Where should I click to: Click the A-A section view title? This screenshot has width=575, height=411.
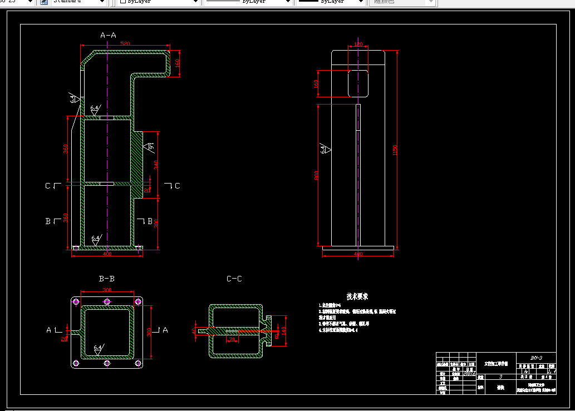coord(108,35)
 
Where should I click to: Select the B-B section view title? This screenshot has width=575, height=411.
coord(106,279)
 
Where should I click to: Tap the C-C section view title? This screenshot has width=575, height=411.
coord(234,279)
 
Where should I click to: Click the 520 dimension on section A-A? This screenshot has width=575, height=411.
coord(125,43)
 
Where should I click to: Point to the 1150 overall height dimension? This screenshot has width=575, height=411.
coord(396,150)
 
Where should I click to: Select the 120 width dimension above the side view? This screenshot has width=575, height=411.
coord(358,44)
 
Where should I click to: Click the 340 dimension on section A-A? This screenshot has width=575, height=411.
coord(156,165)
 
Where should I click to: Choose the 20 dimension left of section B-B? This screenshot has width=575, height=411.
coord(65,338)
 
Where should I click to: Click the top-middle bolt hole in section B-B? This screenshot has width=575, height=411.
coord(107,301)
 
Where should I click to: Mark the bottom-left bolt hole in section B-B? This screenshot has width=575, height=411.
coord(76,364)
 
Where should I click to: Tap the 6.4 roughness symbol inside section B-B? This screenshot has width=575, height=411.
coord(97,349)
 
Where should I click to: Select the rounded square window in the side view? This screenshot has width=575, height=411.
coord(358,83)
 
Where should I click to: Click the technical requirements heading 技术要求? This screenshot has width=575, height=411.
coord(357,297)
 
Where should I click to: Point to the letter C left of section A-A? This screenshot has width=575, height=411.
coord(48,186)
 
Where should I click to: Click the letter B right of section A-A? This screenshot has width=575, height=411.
coord(149,221)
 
